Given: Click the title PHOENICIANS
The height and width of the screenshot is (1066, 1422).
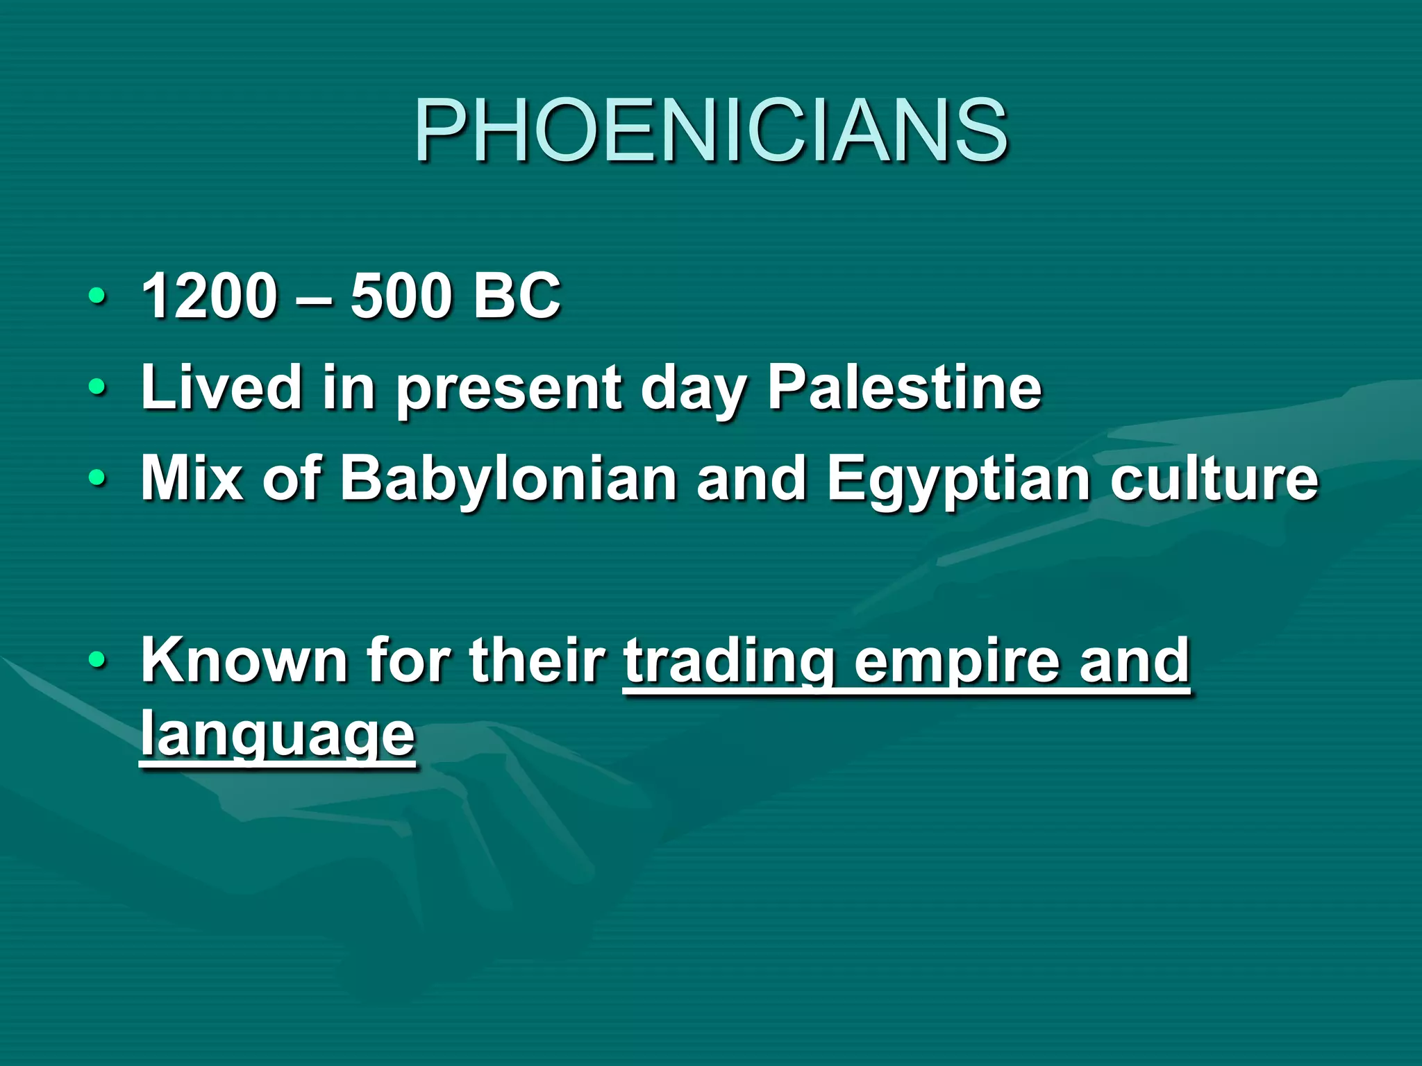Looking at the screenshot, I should tap(711, 130).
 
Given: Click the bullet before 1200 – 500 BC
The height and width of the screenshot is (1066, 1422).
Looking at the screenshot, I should tap(98, 297).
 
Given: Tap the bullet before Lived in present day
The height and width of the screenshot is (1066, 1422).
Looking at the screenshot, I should tap(98, 388).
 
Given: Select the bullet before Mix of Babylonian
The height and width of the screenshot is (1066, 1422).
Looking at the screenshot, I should tap(98, 479).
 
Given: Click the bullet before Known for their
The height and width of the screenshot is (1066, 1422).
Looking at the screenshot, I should tap(98, 661).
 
